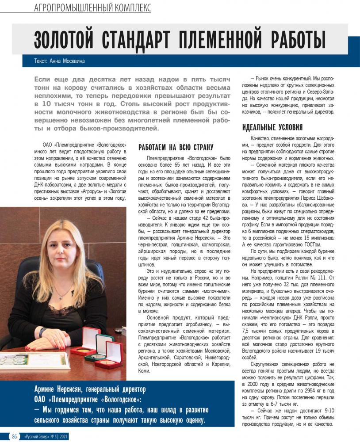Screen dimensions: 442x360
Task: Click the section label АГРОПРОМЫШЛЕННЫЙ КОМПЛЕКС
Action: pyautogui.click(x=92, y=8)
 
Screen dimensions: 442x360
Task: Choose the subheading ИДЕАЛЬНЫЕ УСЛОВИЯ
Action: pyautogui.click(x=272, y=128)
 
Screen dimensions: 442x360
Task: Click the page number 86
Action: pyautogui.click(x=15, y=436)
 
